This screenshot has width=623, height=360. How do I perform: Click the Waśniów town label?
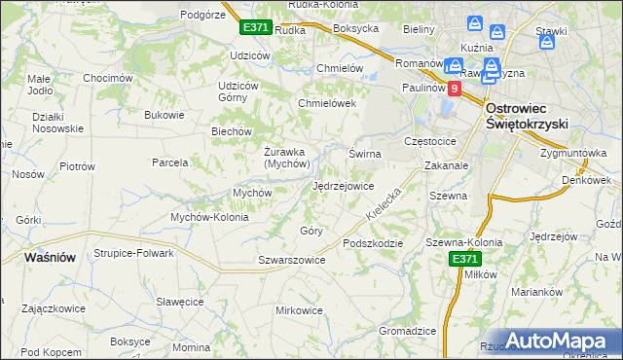tap(49, 257)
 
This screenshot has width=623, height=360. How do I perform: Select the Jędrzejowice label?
tap(343, 185)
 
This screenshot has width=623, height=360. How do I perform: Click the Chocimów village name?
tap(107, 78)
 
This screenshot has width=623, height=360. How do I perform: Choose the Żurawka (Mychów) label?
tap(287, 157)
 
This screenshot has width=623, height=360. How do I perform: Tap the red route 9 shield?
tap(455, 88)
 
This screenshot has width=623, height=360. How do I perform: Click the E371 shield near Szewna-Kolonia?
tap(464, 259)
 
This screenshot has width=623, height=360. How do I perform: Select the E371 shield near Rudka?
tap(255, 28)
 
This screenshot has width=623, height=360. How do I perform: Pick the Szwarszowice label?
tap(291, 260)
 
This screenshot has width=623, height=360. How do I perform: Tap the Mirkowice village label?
tap(299, 310)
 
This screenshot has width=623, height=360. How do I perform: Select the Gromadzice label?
tap(407, 331)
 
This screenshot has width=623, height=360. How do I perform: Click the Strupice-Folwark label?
tap(133, 253)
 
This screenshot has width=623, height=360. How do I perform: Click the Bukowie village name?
tap(164, 115)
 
